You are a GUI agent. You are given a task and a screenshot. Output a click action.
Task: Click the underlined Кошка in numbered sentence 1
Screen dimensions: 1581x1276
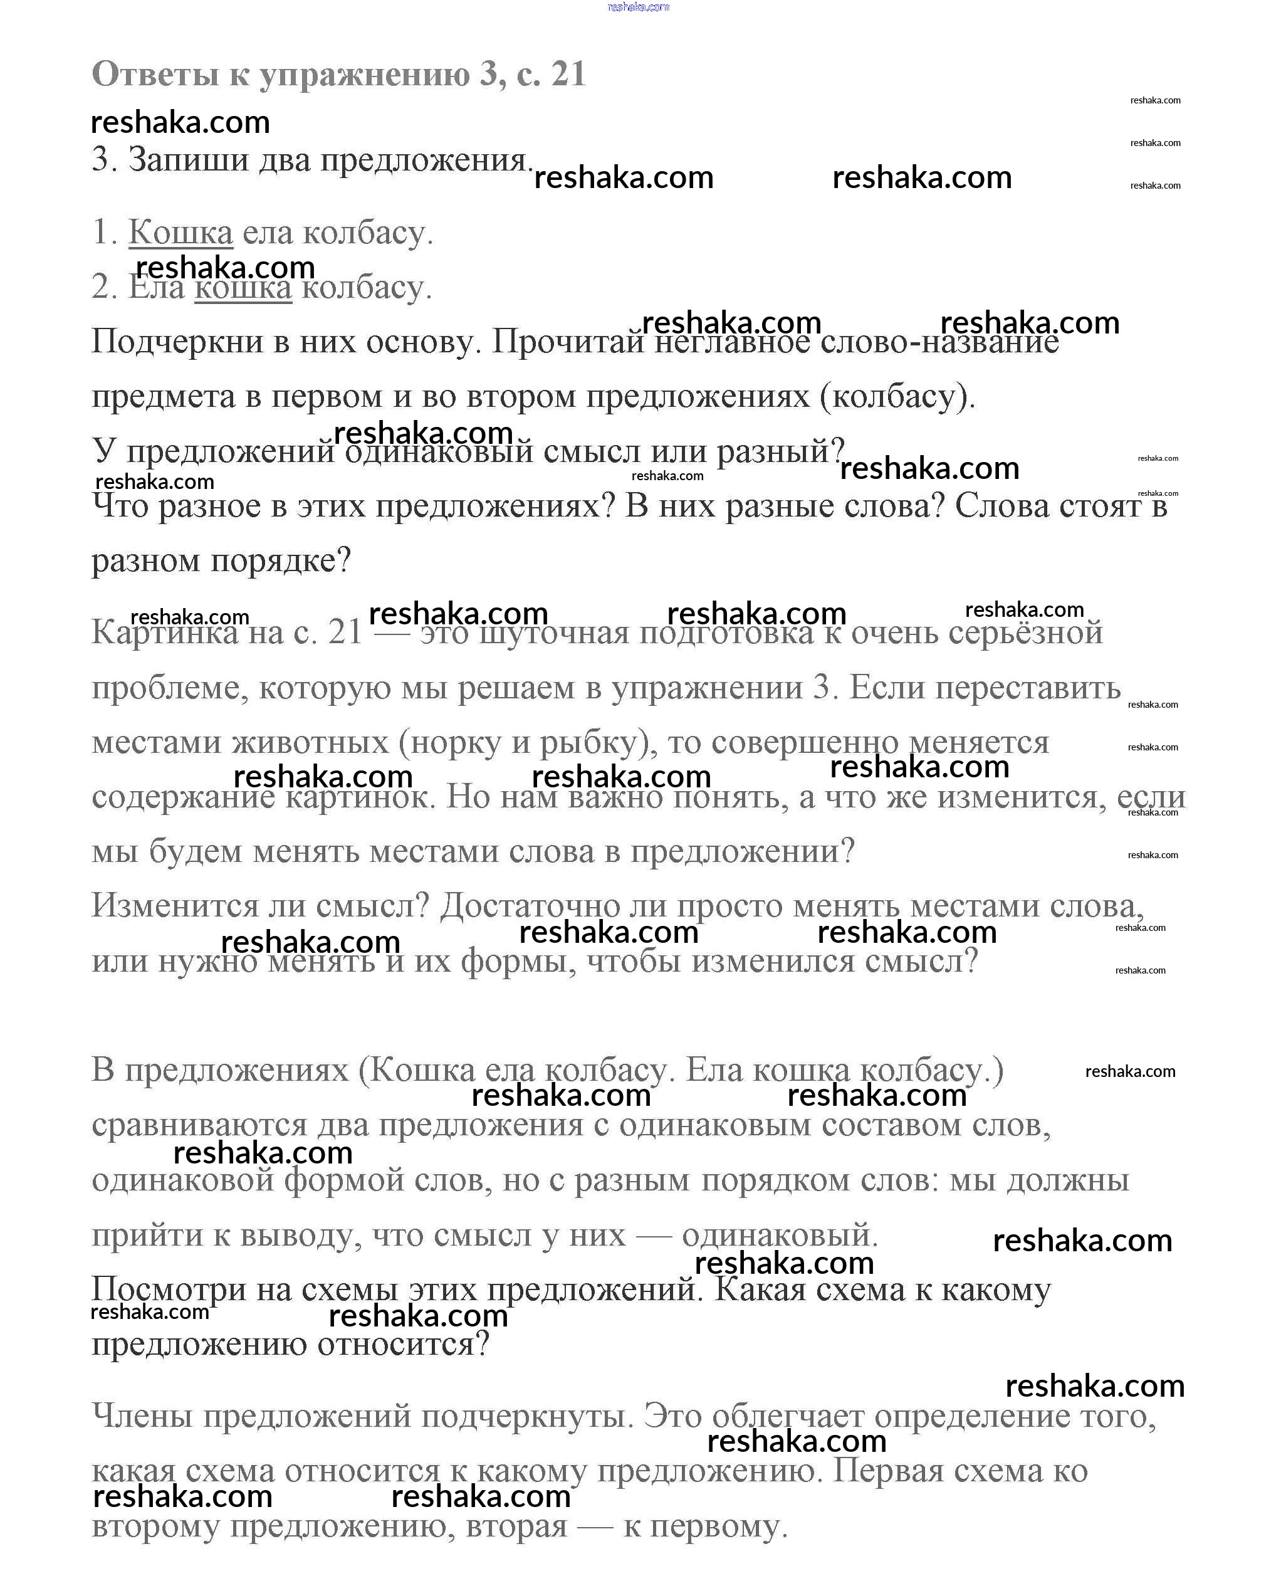[181, 233]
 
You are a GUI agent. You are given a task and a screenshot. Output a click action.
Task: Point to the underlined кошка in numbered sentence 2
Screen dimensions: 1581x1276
[243, 287]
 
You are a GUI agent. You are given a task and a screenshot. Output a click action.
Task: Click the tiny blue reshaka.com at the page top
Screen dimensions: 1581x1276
[638, 7]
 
